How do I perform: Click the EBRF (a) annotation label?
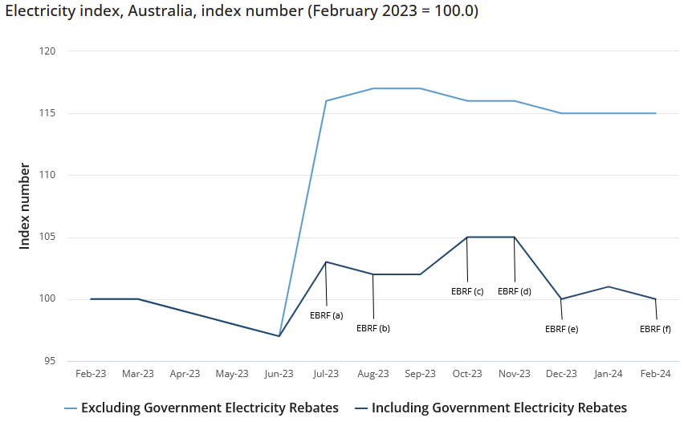tap(326, 315)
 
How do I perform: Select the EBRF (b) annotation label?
tap(373, 328)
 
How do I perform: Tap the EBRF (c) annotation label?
tap(467, 291)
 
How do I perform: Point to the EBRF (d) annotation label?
tap(515, 291)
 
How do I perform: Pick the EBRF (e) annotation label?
tap(561, 329)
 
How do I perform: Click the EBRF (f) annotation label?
tap(655, 329)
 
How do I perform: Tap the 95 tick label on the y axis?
tap(50, 361)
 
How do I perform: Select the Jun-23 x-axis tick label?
tap(279, 374)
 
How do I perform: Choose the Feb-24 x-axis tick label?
tap(655, 374)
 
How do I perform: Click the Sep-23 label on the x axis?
tap(421, 374)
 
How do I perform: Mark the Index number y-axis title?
tap(25, 206)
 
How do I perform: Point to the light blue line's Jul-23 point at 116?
tap(326, 101)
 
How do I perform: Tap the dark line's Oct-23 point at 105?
tap(467, 237)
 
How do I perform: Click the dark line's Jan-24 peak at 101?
tap(609, 286)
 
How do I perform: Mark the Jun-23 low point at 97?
tap(279, 336)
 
